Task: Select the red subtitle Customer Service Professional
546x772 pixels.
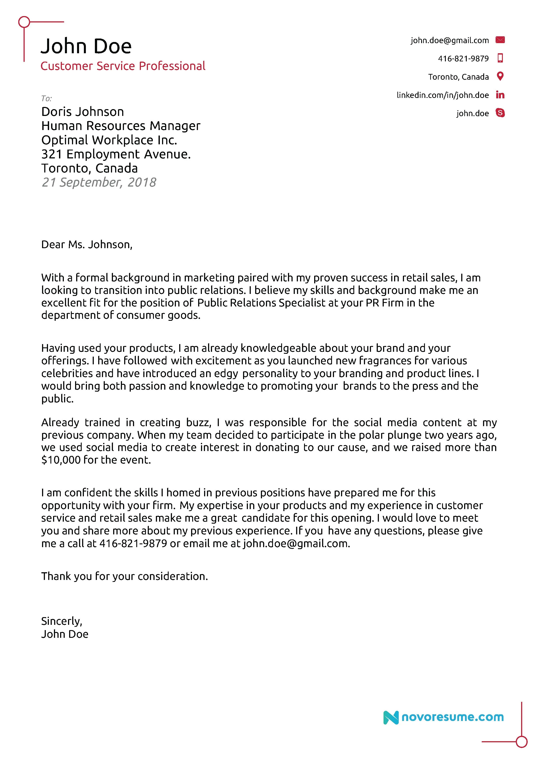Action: [x=123, y=66]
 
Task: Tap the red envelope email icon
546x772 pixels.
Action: [x=500, y=40]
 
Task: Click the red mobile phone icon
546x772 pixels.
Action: [x=500, y=58]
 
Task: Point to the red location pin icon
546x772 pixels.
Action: [x=500, y=76]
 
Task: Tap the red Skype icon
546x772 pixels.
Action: [x=500, y=113]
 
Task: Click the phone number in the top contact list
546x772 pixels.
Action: [x=463, y=59]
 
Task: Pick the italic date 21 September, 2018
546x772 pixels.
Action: [x=99, y=182]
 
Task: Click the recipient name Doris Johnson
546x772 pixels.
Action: [x=82, y=112]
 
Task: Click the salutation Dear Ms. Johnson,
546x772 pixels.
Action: [x=87, y=244]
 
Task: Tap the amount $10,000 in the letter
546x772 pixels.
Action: [x=61, y=460]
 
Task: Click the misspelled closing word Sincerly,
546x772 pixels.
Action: [x=62, y=621]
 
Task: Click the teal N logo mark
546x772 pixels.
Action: [x=391, y=717]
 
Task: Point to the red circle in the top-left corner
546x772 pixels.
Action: [x=24, y=22]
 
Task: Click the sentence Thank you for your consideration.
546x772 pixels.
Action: [x=124, y=576]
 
